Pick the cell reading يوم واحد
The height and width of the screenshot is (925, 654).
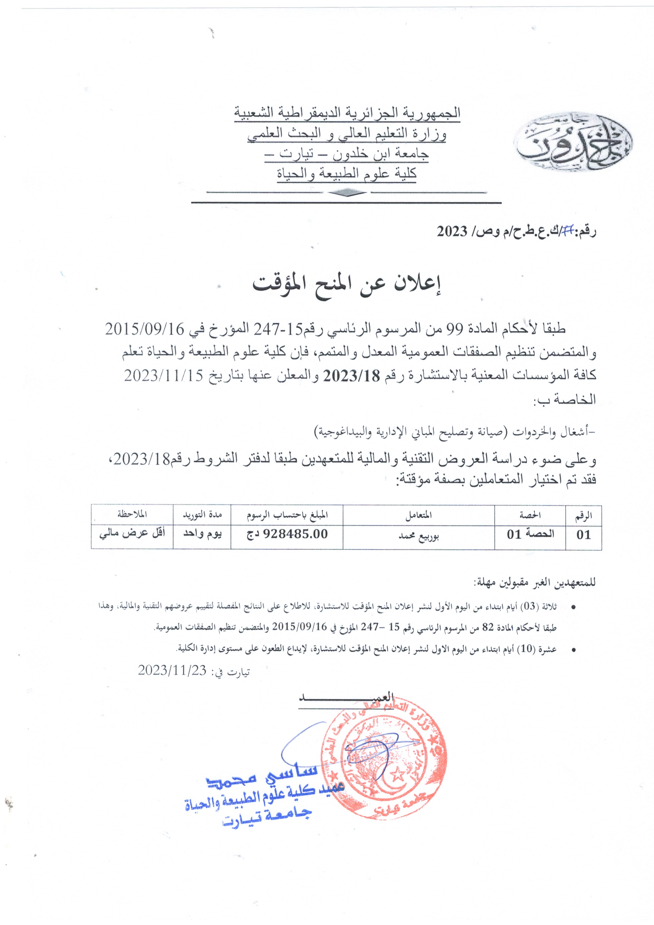(202, 534)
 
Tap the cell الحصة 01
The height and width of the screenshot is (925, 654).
(530, 534)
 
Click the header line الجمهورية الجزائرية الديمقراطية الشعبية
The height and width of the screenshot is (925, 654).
(347, 113)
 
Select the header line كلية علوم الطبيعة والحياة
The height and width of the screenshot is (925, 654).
(347, 174)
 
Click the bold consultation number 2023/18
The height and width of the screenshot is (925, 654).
(356, 376)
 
